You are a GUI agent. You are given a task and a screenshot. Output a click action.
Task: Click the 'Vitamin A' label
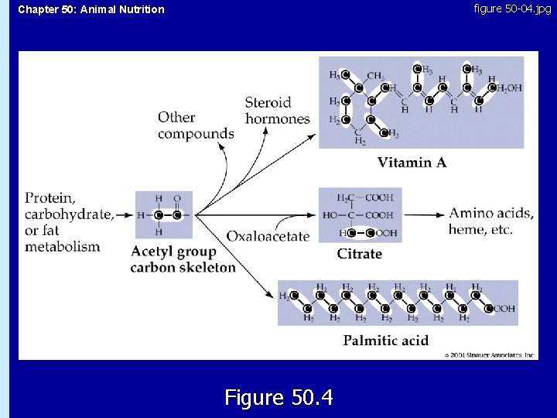[412, 163]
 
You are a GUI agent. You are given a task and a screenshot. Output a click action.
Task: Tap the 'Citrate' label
[359, 253]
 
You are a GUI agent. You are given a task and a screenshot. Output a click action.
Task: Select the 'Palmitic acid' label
[386, 340]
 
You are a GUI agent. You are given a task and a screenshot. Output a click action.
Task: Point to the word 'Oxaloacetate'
[268, 236]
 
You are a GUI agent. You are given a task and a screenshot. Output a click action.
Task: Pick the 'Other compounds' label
[196, 125]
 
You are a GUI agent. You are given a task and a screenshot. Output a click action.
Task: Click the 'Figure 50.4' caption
[278, 398]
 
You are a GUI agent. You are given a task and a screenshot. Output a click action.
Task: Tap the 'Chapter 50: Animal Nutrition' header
[91, 9]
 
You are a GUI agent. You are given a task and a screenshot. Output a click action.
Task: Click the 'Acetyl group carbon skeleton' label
[183, 259]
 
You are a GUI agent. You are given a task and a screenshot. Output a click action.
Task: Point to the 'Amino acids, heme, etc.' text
[491, 221]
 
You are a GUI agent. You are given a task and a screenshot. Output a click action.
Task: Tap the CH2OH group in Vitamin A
[508, 88]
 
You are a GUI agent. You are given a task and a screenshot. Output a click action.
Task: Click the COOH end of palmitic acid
[503, 308]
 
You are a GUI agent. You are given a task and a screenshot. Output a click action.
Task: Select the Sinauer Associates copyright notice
[490, 355]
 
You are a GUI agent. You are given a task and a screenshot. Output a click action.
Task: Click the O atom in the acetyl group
[177, 198]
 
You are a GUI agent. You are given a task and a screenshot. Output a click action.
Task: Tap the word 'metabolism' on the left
[63, 247]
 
